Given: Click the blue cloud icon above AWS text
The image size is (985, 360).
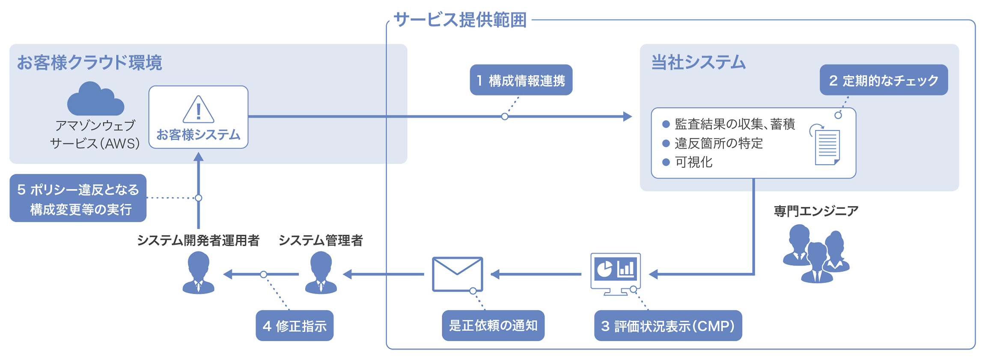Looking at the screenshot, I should (95, 99).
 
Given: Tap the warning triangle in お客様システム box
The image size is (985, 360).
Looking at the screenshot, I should (198, 110).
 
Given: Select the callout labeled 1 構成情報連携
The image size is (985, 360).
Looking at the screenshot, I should (521, 80).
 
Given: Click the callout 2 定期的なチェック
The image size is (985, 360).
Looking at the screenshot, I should (883, 80).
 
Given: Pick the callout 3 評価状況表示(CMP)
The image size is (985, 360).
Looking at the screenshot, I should (667, 326).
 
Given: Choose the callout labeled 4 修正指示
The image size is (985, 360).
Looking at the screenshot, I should (294, 326).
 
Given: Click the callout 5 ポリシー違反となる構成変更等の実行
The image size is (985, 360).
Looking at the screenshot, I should (78, 198).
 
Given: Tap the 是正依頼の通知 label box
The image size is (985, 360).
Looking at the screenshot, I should (493, 326).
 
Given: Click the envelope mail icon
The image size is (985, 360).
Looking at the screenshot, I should (457, 274).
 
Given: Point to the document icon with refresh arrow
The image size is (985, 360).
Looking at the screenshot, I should (826, 146).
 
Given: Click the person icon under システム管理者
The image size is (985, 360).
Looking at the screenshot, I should (321, 273).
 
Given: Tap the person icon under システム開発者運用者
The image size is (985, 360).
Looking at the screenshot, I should (198, 273).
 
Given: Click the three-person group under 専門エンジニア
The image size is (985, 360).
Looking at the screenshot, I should (816, 253).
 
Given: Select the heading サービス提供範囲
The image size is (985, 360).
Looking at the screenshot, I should (460, 20).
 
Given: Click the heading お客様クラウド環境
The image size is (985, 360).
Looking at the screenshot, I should (89, 62).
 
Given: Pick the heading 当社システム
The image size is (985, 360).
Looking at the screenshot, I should (698, 62).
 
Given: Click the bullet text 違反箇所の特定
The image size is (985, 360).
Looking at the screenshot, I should (718, 143).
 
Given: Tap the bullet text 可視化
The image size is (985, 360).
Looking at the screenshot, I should (693, 162).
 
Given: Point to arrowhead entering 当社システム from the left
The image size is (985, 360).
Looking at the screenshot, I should (627, 116).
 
